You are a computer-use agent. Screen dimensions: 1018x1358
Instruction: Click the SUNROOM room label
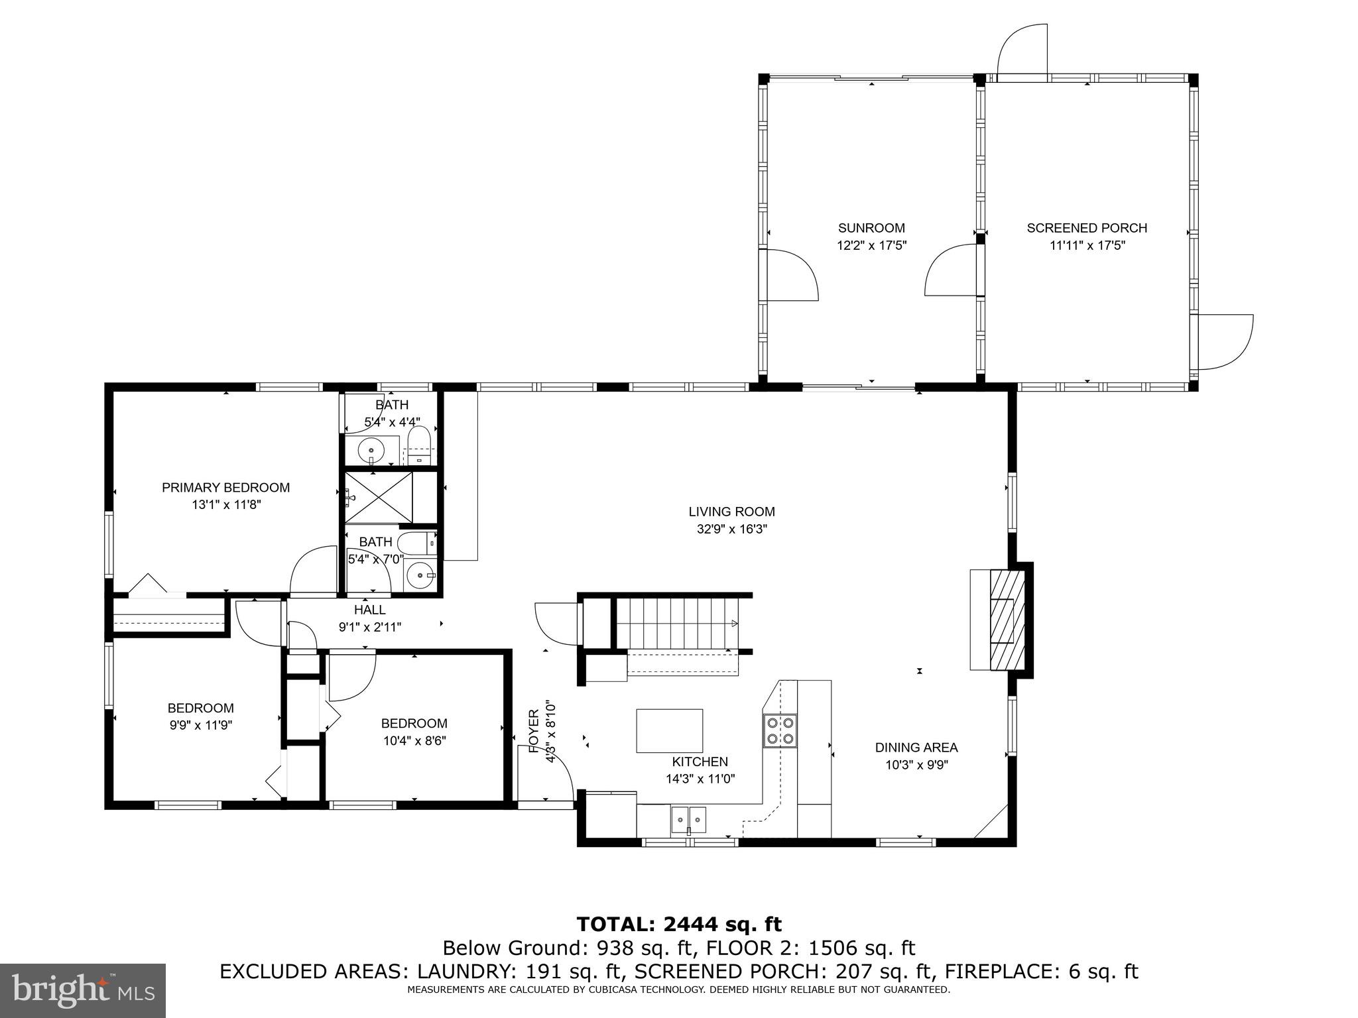(x=871, y=228)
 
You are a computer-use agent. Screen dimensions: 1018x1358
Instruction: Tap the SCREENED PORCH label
(x=1087, y=228)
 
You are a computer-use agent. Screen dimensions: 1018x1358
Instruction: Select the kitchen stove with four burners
(x=780, y=730)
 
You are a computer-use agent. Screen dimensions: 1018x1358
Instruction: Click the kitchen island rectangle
(x=669, y=730)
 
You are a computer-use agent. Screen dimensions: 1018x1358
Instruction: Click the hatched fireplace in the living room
(x=1007, y=620)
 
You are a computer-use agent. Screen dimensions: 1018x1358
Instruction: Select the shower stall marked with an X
(x=379, y=497)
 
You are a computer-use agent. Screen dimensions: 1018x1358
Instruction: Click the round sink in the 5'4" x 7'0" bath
(x=418, y=575)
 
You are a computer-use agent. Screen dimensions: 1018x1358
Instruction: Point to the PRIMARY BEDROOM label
(x=225, y=488)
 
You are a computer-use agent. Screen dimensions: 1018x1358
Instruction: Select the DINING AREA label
(x=916, y=748)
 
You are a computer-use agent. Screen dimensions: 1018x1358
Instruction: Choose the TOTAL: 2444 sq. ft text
(x=678, y=924)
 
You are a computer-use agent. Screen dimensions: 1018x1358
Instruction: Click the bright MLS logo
(x=83, y=990)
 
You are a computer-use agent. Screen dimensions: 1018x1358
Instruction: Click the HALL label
(x=369, y=610)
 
